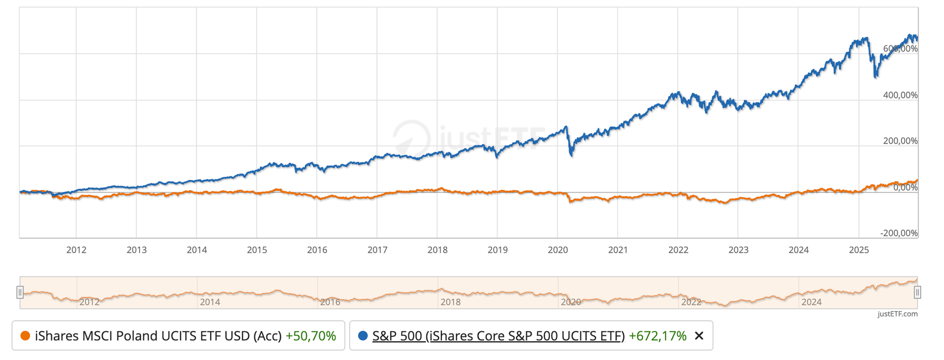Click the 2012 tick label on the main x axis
click(76, 250)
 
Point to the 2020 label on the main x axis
click(558, 250)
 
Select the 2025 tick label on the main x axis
click(858, 250)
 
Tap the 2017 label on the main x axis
click(377, 250)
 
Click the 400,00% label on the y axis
click(900, 95)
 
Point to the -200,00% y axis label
click(899, 233)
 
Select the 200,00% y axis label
click(900, 141)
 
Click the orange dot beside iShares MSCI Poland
click(25, 336)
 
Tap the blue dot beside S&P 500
click(363, 336)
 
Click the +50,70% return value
click(310, 336)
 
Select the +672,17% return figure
click(657, 336)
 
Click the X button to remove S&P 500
click(699, 336)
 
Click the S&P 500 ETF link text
click(498, 336)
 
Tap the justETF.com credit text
click(897, 314)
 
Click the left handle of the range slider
click(20, 292)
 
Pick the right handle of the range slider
click(917, 292)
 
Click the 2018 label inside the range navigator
click(450, 302)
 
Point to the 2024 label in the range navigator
click(811, 302)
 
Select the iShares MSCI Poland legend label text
click(158, 336)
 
